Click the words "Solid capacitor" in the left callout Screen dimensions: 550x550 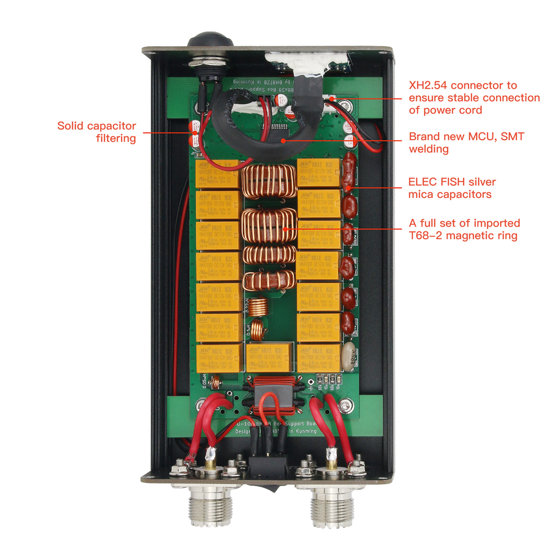pos(96,127)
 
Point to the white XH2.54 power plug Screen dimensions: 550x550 pos(334,99)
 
